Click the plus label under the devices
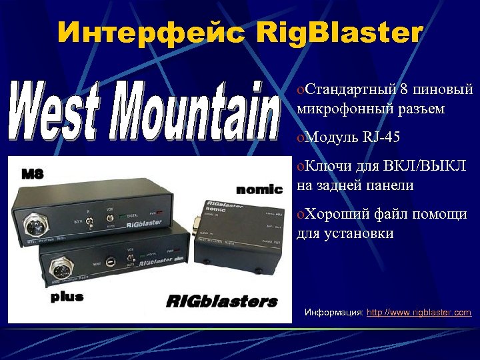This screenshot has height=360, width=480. click(x=67, y=297)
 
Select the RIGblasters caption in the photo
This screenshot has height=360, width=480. click(x=221, y=301)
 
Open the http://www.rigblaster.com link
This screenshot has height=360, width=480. click(x=419, y=312)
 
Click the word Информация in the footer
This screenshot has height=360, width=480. click(x=334, y=312)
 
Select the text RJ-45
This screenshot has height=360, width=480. click(x=382, y=138)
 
